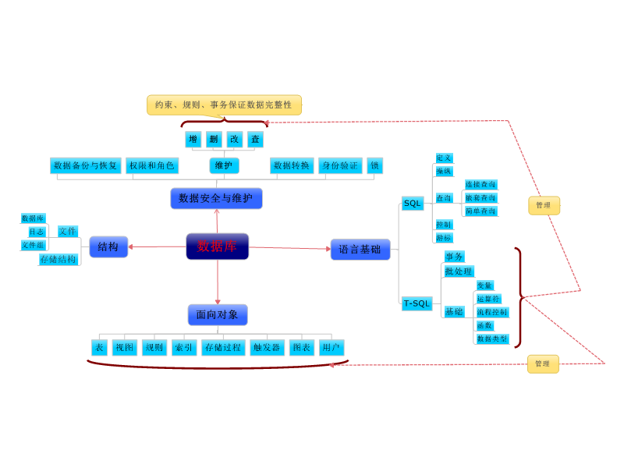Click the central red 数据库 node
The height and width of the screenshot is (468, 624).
(217, 246)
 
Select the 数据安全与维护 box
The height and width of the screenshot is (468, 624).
(216, 198)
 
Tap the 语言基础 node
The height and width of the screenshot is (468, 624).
(360, 250)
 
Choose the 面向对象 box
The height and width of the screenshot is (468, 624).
(217, 314)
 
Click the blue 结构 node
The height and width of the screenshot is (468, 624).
(108, 246)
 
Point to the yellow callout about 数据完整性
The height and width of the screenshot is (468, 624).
(224, 105)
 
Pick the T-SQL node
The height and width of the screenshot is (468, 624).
(417, 303)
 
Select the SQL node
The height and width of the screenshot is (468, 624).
(412, 203)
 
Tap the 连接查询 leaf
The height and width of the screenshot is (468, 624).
(480, 185)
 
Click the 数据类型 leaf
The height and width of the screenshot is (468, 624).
(491, 339)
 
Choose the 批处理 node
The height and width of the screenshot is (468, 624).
(459, 271)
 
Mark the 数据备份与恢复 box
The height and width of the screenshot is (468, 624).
(85, 165)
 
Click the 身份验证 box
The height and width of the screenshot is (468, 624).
(340, 165)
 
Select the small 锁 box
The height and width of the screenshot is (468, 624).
(374, 165)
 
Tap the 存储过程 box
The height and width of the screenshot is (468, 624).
(223, 348)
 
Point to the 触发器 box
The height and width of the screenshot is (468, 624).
(267, 348)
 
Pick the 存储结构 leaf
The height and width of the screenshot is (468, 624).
(58, 259)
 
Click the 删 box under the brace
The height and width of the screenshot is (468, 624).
(214, 139)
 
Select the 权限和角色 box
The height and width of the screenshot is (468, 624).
(152, 165)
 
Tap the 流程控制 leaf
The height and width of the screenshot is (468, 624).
(491, 312)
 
